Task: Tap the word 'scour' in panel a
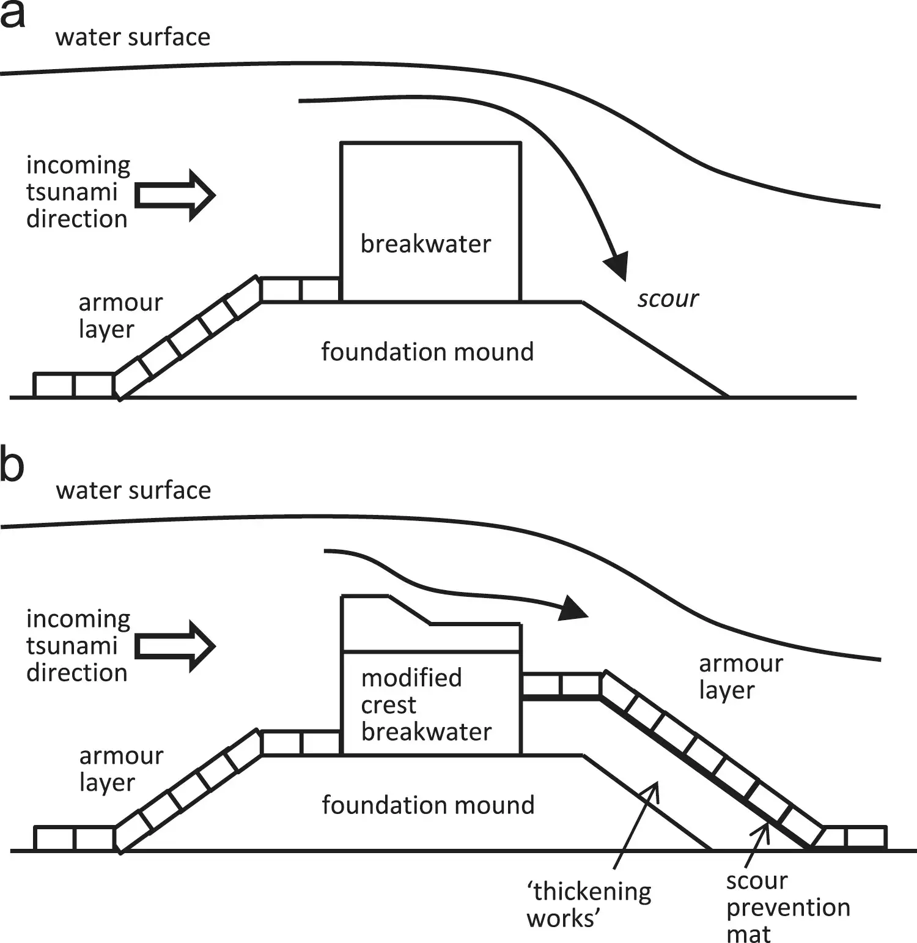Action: point(668,299)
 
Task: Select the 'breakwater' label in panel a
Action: point(425,244)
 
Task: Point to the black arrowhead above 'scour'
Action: point(617,265)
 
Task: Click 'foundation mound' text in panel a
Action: point(427,352)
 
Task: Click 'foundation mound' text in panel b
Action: point(428,805)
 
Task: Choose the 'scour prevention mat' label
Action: point(787,908)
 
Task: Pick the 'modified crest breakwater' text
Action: point(426,705)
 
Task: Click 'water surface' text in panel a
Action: point(133,37)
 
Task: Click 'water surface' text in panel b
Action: point(133,490)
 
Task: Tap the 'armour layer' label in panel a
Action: point(120,316)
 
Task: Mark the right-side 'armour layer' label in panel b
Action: point(740,677)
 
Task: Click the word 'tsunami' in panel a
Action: point(72,192)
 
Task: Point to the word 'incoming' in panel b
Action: point(78,619)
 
